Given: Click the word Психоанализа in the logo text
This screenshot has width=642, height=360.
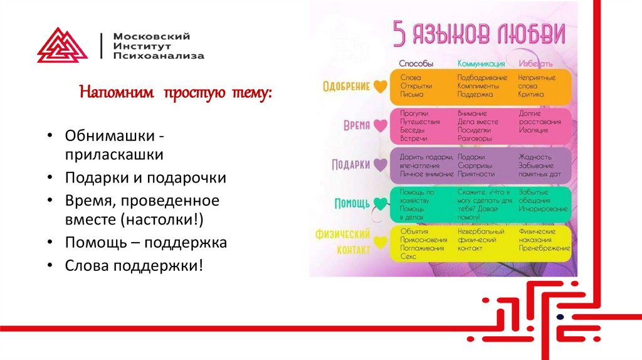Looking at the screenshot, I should pyautogui.click(x=159, y=56).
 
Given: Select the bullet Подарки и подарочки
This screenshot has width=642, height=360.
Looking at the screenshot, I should pyautogui.click(x=145, y=177).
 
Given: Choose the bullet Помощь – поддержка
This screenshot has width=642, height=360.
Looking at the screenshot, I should pyautogui.click(x=145, y=243).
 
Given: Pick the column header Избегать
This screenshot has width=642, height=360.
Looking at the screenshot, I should pyautogui.click(x=535, y=64).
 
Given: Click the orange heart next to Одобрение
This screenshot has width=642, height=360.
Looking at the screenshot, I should pyautogui.click(x=380, y=87).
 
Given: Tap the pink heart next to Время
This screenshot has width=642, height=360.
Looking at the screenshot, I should pyautogui.click(x=380, y=125).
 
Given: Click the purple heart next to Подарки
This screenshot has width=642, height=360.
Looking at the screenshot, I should pyautogui.click(x=380, y=164).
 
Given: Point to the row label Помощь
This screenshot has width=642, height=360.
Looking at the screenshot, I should pyautogui.click(x=352, y=203).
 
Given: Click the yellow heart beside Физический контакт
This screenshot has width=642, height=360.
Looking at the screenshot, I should pyautogui.click(x=380, y=242).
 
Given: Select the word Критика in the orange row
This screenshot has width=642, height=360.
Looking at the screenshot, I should pyautogui.click(x=531, y=94).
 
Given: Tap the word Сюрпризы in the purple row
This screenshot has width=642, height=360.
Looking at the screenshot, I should pyautogui.click(x=475, y=166).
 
